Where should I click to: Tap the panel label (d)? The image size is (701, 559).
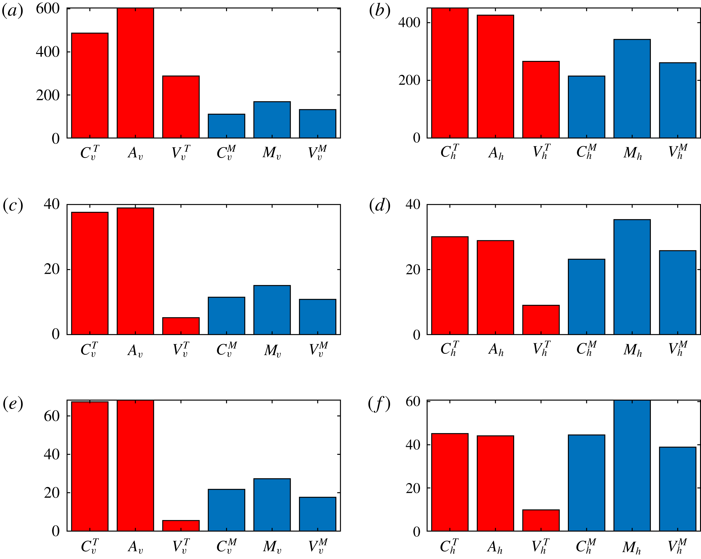pyautogui.click(x=379, y=206)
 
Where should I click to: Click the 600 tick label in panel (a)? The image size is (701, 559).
pyautogui.click(x=48, y=9)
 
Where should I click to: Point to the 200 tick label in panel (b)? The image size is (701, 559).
pyautogui.click(x=409, y=80)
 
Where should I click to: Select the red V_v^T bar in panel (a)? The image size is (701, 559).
pyautogui.click(x=181, y=107)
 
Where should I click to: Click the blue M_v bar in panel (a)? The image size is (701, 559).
pyautogui.click(x=272, y=120)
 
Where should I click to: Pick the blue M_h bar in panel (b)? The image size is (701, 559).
pyautogui.click(x=632, y=89)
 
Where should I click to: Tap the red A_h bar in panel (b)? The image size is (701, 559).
pyautogui.click(x=495, y=77)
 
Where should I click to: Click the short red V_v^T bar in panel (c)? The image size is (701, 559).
pyautogui.click(x=181, y=326)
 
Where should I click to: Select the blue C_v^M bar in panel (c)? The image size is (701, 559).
pyautogui.click(x=226, y=316)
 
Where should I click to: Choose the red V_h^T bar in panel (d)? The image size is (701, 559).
pyautogui.click(x=541, y=320)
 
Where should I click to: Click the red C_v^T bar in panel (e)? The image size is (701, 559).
pyautogui.click(x=90, y=467)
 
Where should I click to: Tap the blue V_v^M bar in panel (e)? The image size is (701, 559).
pyautogui.click(x=317, y=515)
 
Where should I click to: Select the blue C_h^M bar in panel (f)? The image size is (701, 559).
pyautogui.click(x=586, y=483)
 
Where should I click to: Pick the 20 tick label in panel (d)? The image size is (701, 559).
pyautogui.click(x=413, y=270)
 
